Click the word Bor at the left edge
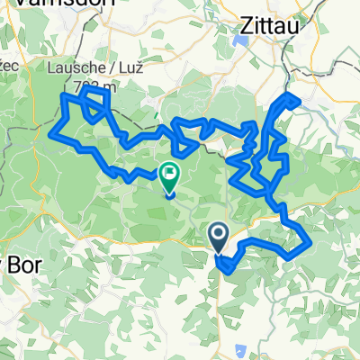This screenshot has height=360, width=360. click(11, 265)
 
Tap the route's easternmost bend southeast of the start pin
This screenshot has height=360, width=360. click(309, 243)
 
